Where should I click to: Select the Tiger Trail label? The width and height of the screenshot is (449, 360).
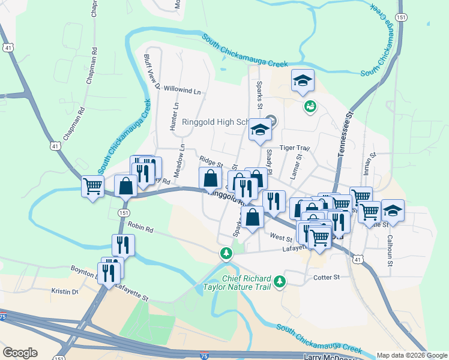pos(294,148)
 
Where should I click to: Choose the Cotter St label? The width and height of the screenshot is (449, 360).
pos(327,277)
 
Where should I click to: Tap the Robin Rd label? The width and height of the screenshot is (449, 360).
pos(140,229)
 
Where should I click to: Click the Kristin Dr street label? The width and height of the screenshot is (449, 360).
pos(65,292)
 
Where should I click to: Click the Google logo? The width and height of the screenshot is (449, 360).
pos(20,352)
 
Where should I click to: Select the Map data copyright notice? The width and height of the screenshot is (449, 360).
pos(411,355)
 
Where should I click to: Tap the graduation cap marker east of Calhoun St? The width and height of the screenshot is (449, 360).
pos(393,211)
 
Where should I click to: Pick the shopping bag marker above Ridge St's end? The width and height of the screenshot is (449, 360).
pos(210,178)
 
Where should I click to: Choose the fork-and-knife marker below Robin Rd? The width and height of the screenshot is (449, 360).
pos(122,245)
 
